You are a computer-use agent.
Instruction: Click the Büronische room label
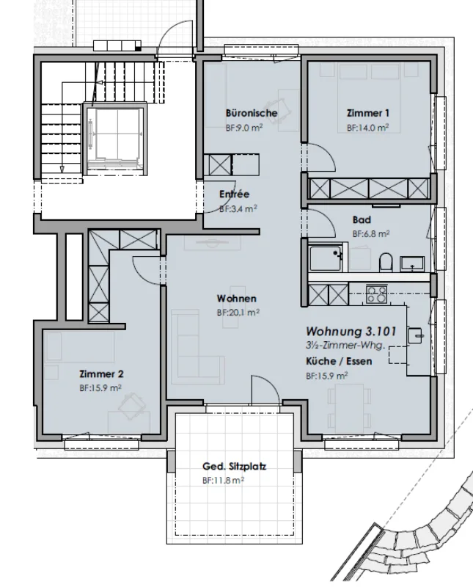click(x=252, y=113)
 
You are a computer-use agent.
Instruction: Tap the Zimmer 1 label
click(x=368, y=113)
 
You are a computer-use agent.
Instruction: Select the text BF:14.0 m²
click(x=367, y=128)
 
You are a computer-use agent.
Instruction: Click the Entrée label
click(x=234, y=194)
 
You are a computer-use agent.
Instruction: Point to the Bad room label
click(x=362, y=219)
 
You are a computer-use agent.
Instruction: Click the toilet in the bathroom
click(x=386, y=262)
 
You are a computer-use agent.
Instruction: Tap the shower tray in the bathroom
click(x=326, y=258)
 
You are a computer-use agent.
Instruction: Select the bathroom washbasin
click(x=412, y=263)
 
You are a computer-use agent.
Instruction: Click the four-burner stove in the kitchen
click(x=376, y=294)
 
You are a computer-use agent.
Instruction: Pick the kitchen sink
click(x=414, y=335)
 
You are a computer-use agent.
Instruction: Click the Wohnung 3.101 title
click(x=351, y=332)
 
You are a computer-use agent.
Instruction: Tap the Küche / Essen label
click(x=339, y=361)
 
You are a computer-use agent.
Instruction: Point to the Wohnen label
click(x=236, y=299)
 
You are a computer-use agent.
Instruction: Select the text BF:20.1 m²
click(x=238, y=313)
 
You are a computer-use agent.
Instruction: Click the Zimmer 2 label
click(x=101, y=374)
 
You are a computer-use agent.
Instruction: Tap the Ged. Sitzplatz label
click(x=234, y=467)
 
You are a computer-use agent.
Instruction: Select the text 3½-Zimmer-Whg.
click(x=345, y=346)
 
